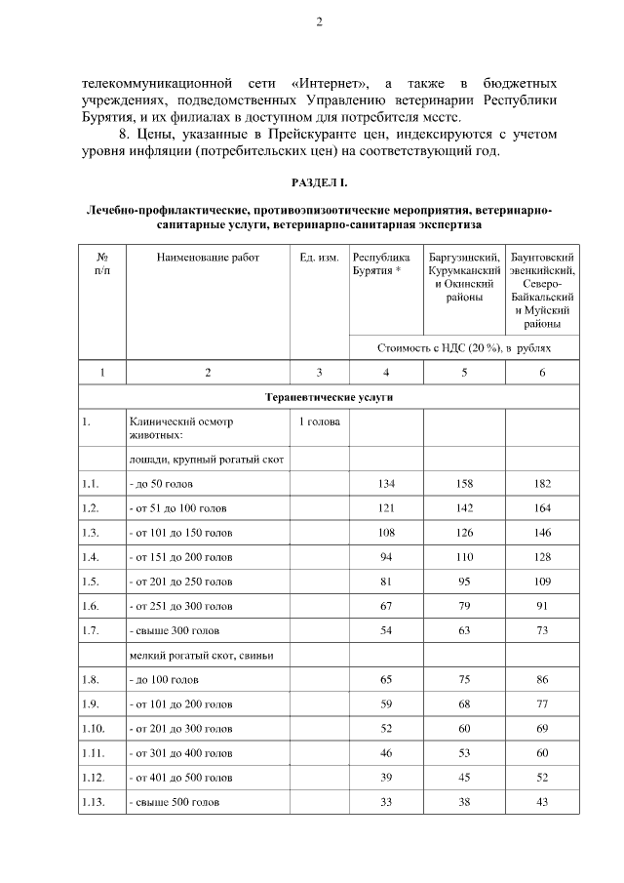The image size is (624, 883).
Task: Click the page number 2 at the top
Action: [319, 22]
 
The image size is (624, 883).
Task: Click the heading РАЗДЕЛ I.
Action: [319, 183]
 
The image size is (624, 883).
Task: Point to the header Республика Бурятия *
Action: [382, 263]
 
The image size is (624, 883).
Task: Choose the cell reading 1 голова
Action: [319, 422]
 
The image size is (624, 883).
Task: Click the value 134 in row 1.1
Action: [386, 484]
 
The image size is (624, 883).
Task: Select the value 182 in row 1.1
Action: [542, 484]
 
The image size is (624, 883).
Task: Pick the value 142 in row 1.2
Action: [464, 508]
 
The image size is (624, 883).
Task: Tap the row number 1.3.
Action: [92, 534]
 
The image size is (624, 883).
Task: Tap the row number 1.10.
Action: [95, 729]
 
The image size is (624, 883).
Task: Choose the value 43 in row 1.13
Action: [542, 802]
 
